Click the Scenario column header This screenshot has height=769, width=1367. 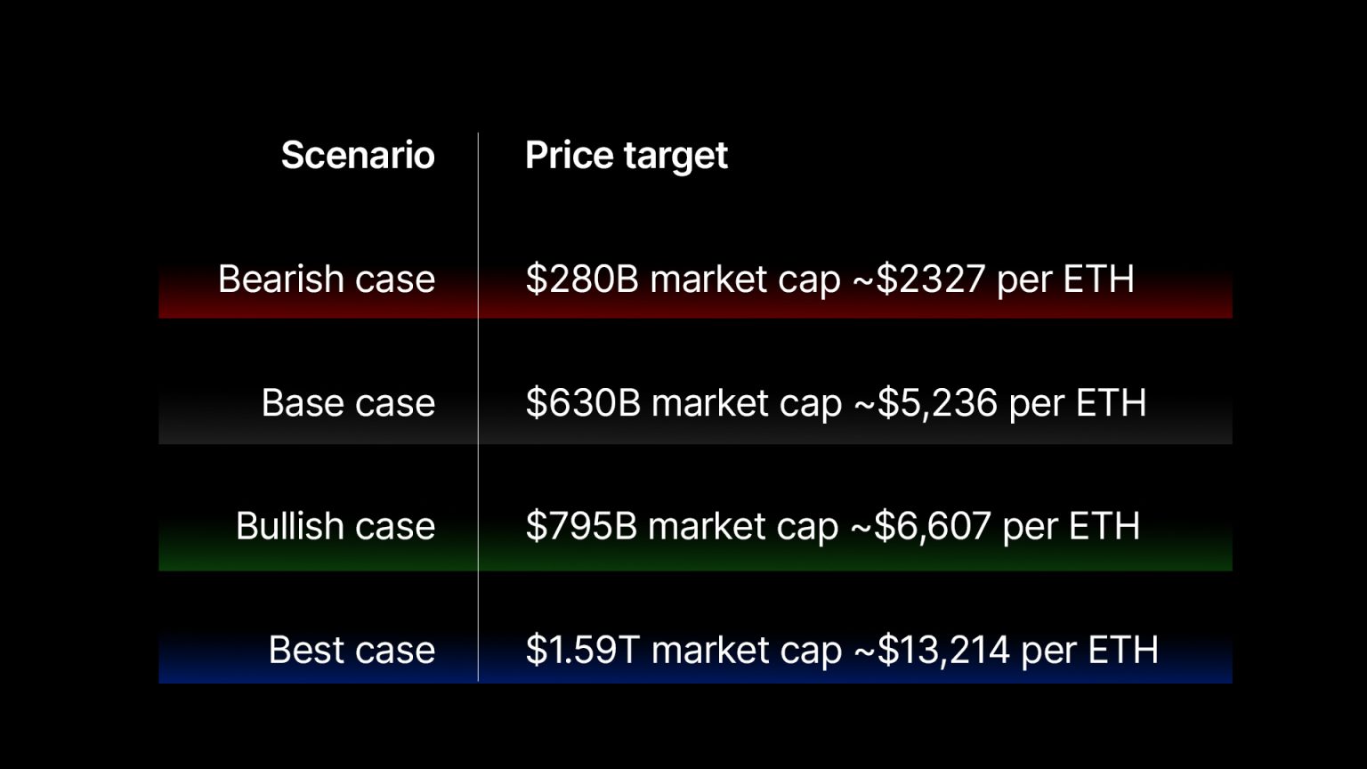pyautogui.click(x=358, y=156)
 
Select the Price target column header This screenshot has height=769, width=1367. pyautogui.click(x=626, y=156)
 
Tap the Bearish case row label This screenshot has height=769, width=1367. pyautogui.click(x=327, y=279)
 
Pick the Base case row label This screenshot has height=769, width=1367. pyautogui.click(x=348, y=403)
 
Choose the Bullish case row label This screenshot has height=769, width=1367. pyautogui.click(x=336, y=526)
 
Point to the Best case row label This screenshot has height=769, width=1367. pyautogui.click(x=352, y=650)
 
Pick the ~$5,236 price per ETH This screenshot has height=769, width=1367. pyautogui.click(x=926, y=403)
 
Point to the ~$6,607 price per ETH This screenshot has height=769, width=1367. pyautogui.click(x=921, y=526)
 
